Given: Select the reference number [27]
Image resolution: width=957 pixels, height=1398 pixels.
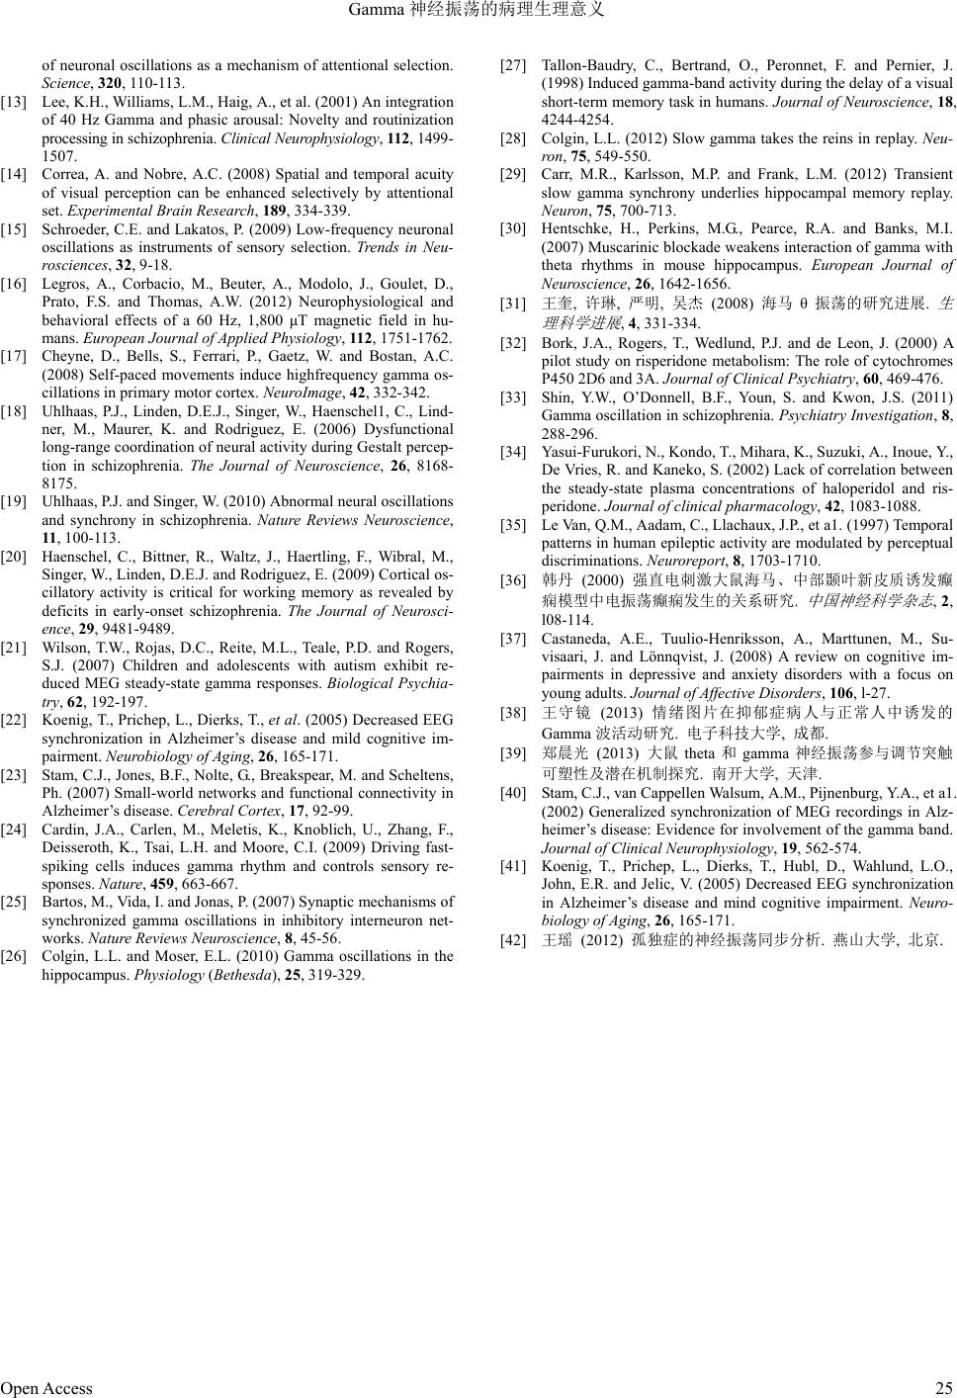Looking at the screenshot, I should click(513, 66).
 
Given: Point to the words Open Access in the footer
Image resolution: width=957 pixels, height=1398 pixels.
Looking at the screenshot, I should click(46, 1388).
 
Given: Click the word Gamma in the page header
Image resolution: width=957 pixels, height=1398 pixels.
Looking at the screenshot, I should click(379, 11).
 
